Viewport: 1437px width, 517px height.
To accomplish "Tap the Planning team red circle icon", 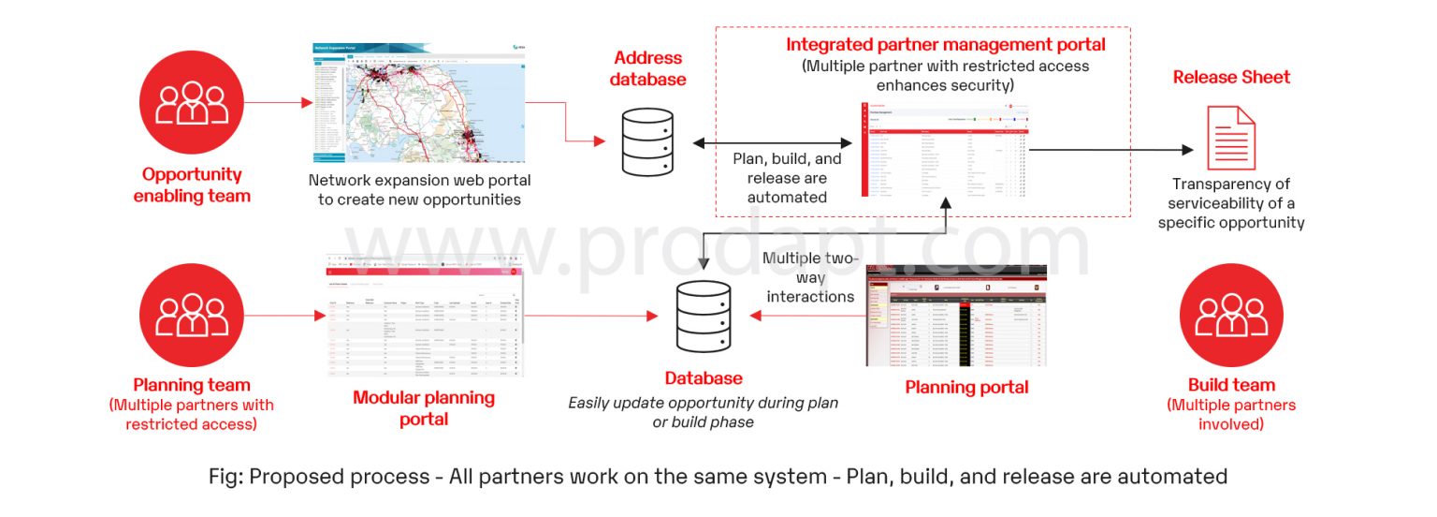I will click(192, 315).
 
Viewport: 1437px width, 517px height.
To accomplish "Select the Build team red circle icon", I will click(1231, 315).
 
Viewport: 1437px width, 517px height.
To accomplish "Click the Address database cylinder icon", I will click(647, 141).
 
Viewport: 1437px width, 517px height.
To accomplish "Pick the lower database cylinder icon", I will click(703, 316).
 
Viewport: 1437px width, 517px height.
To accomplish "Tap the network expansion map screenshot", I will click(418, 103).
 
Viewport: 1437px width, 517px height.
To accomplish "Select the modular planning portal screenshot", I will click(426, 315).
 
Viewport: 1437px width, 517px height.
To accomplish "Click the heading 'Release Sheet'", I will click(1231, 77).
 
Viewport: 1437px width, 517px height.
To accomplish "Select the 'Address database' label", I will click(647, 69).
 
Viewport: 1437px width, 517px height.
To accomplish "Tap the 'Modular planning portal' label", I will click(424, 407).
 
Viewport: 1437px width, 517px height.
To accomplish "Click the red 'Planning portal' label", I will click(966, 387).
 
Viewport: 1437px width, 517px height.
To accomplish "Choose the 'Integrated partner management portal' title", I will click(945, 44).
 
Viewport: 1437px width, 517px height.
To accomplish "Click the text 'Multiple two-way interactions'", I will click(810, 276).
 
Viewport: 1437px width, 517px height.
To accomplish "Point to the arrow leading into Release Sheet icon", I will click(1113, 149).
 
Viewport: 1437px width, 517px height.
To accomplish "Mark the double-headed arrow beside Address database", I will click(773, 143).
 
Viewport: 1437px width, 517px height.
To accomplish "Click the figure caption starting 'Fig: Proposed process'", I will click(718, 476).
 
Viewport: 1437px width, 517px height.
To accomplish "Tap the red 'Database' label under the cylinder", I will click(704, 378).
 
